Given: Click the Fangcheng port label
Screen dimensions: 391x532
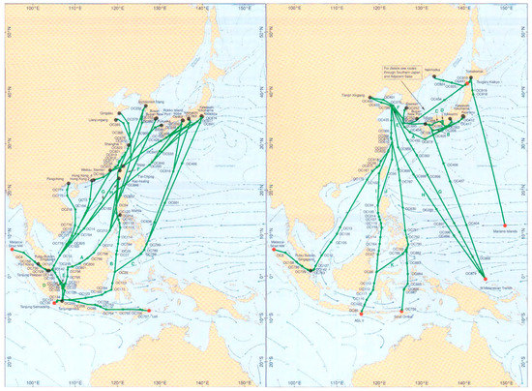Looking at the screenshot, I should (x=55, y=178).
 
